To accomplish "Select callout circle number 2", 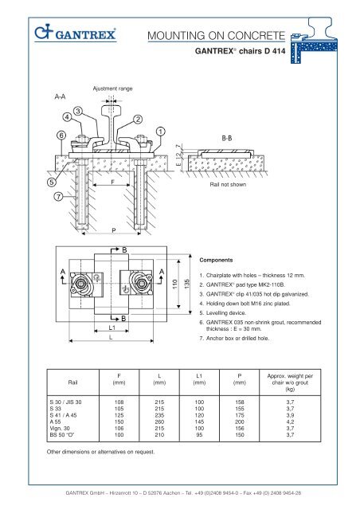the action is point(138,120).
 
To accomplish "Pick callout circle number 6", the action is point(61,135).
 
